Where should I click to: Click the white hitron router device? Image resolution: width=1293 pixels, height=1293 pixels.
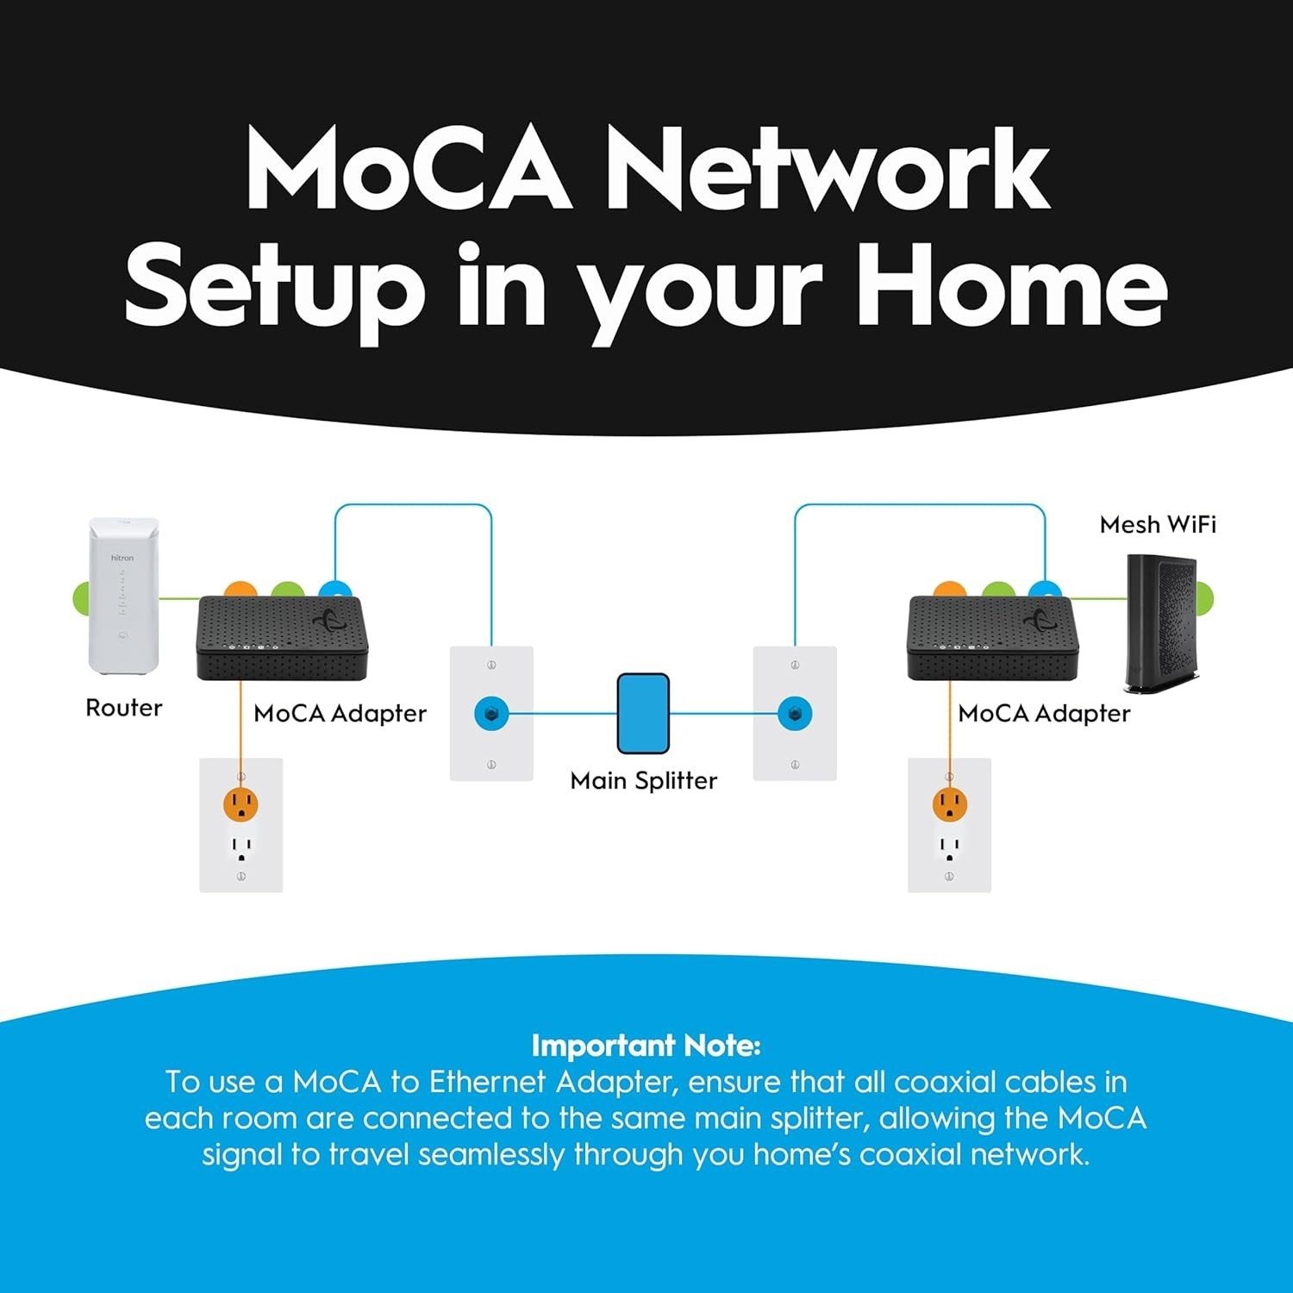(124, 595)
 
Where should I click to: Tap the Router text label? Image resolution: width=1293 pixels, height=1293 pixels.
(124, 708)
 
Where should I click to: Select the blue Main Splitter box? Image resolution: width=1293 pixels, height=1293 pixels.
(643, 714)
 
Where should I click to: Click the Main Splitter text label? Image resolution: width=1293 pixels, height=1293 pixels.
(643, 780)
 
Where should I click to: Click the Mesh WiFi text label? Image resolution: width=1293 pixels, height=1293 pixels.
(1158, 524)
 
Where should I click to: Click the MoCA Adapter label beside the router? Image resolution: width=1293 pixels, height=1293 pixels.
(340, 714)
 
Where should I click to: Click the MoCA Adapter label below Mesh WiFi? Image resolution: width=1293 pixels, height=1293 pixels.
(1044, 714)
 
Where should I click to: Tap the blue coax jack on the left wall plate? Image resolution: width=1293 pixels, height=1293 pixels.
(491, 714)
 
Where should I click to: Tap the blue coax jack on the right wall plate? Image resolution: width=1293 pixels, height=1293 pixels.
(795, 714)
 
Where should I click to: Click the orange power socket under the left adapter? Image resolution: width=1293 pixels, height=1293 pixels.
(241, 805)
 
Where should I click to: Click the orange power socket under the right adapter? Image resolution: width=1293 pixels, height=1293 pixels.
(949, 805)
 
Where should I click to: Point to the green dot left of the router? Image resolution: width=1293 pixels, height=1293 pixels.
(80, 597)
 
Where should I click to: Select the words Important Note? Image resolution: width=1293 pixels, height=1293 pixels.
(646, 1046)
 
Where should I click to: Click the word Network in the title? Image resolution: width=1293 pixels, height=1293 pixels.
(828, 168)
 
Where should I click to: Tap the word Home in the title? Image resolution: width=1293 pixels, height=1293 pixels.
(1010, 286)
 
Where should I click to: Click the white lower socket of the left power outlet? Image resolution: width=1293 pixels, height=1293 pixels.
(241, 847)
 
